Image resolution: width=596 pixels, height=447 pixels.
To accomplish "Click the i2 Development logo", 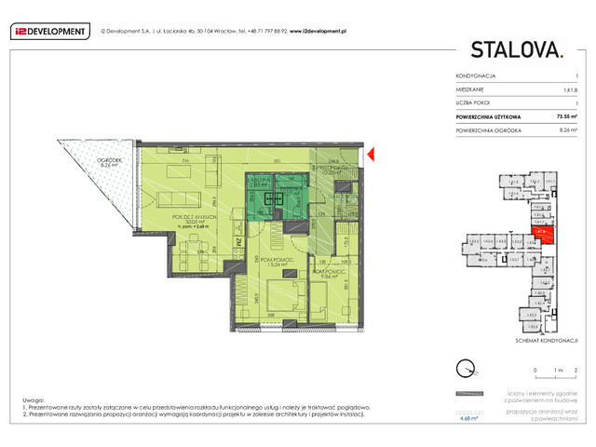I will [47, 31].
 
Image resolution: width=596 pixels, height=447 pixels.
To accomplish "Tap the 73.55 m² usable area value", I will [562, 116].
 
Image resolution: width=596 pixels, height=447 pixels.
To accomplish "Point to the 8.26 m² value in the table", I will [565, 130].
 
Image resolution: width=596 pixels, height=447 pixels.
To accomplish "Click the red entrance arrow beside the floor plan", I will [371, 154].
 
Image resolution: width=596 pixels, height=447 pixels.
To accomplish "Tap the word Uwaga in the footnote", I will [31, 398].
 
